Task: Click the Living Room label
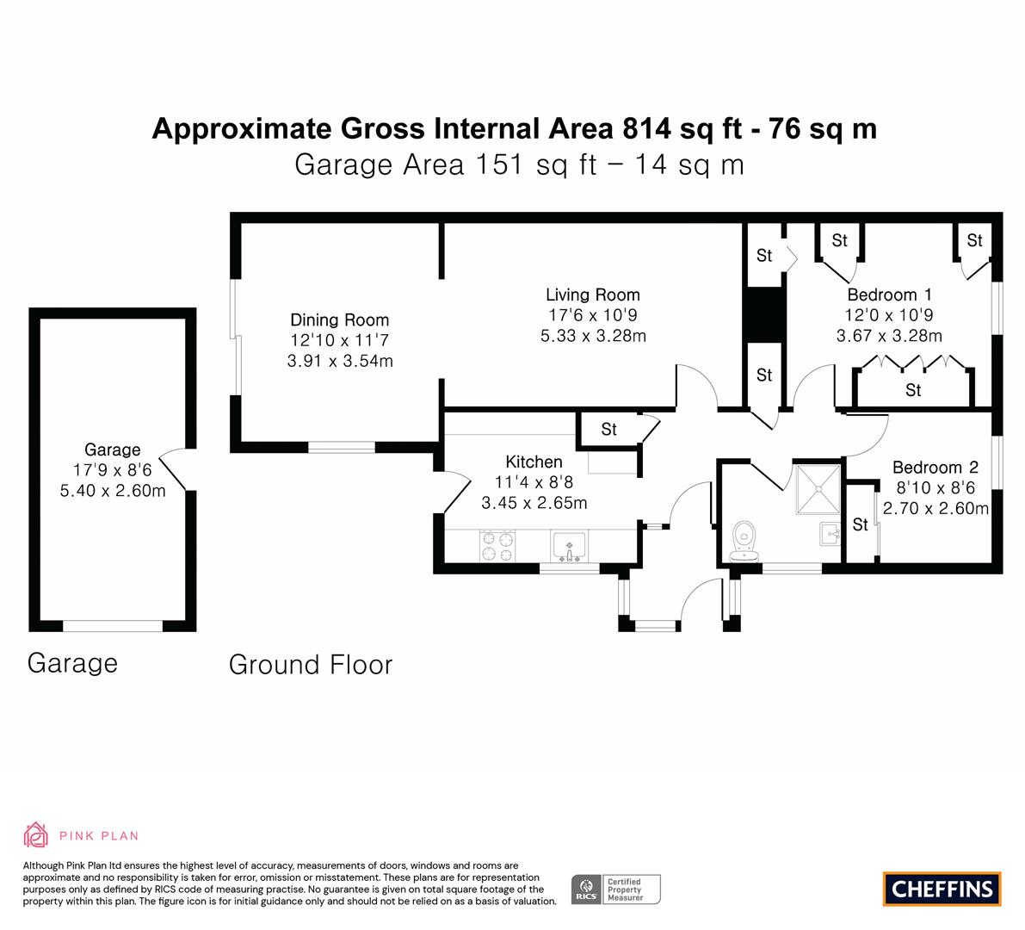pos(593,295)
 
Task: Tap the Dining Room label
pos(339,319)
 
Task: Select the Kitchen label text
pos(534,462)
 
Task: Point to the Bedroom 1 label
pos(889,294)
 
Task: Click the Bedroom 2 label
pos(935,468)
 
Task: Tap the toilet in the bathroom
pos(744,542)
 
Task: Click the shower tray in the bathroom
pos(818,488)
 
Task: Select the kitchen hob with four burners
pos(497,546)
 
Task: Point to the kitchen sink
pos(570,546)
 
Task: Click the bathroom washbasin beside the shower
pos(830,534)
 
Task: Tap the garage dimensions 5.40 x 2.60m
pos(113,491)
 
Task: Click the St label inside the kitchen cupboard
pos(608,430)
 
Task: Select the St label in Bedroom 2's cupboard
pos(861,524)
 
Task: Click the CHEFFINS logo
pos(942,889)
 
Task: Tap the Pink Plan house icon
pos(36,835)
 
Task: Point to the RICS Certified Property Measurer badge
pos(616,890)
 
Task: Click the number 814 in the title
pos(647,128)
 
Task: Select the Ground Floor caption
pos(311,665)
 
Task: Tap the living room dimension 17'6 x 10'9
pos(593,315)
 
